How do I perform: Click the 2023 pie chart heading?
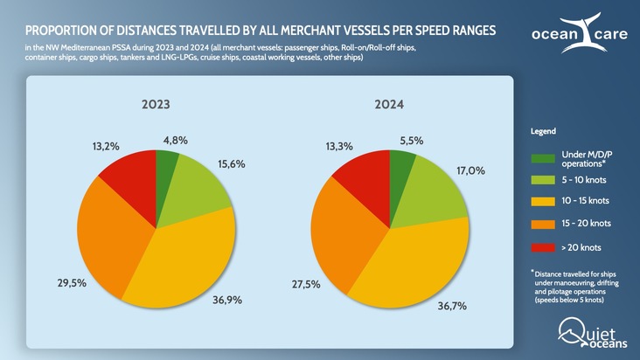coord(156,104)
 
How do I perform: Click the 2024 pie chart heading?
coord(389,104)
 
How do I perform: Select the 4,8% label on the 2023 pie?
coord(175,140)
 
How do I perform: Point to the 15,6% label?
coord(231,164)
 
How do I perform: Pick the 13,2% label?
coord(106,146)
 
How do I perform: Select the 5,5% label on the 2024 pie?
coord(412,140)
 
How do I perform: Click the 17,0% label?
coord(470,170)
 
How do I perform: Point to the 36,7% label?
coord(452,306)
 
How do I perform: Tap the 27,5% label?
coord(305,285)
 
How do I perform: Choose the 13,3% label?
coord(339,146)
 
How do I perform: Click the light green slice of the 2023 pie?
coord(192,188)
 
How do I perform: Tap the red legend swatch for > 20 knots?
coord(542,247)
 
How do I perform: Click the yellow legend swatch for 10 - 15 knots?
coord(542,202)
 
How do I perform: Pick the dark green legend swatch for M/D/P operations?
coord(542,158)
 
